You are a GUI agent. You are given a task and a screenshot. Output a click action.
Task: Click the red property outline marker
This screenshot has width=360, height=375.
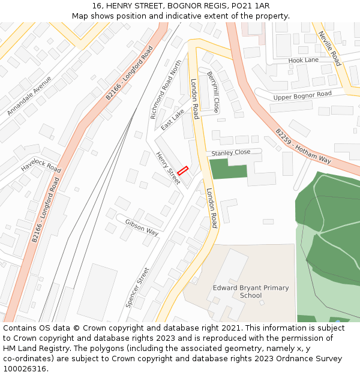[x=182, y=170]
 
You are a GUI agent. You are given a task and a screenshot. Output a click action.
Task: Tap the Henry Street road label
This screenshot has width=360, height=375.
[x=168, y=168]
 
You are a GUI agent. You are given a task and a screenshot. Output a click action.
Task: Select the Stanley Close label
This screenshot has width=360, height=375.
[x=231, y=153]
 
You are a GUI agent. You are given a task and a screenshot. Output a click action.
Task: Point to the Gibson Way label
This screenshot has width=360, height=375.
[x=142, y=227]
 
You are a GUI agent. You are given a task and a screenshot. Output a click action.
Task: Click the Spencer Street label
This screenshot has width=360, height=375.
[x=137, y=287]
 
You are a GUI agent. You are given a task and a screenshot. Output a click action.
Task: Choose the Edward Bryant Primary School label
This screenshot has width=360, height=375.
[x=251, y=292]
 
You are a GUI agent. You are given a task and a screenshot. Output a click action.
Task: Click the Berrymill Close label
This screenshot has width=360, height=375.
[x=213, y=92]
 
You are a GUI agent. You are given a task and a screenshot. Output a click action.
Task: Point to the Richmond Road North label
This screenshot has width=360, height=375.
[x=166, y=89]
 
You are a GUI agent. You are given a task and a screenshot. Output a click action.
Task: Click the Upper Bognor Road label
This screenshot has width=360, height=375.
[x=302, y=95]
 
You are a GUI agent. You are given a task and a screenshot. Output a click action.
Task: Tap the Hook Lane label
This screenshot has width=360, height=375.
[x=304, y=61]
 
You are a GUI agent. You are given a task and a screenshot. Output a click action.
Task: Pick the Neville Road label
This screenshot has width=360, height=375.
[x=329, y=48]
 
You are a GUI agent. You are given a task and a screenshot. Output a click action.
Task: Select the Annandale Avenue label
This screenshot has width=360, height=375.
[x=29, y=99]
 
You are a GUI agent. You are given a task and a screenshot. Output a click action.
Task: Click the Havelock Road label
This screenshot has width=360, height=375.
[x=41, y=165]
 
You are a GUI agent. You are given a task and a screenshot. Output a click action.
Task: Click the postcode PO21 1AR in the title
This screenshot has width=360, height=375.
[x=249, y=5]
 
